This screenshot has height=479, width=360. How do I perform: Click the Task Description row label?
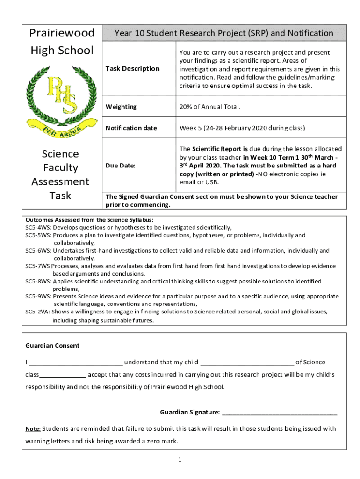[132, 69]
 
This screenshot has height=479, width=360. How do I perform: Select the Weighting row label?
[121, 107]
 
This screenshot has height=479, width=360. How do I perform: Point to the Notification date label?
[131, 128]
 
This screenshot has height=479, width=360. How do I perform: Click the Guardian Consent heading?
[52, 346]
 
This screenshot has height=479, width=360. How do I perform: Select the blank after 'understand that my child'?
[247, 363]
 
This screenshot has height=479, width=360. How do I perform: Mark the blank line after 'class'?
[63, 376]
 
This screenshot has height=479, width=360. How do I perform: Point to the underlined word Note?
[33, 429]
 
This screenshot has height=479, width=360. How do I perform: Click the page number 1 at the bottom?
[180, 460]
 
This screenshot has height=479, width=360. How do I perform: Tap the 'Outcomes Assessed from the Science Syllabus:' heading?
[89, 219]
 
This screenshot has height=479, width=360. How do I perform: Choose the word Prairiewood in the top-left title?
[62, 33]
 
